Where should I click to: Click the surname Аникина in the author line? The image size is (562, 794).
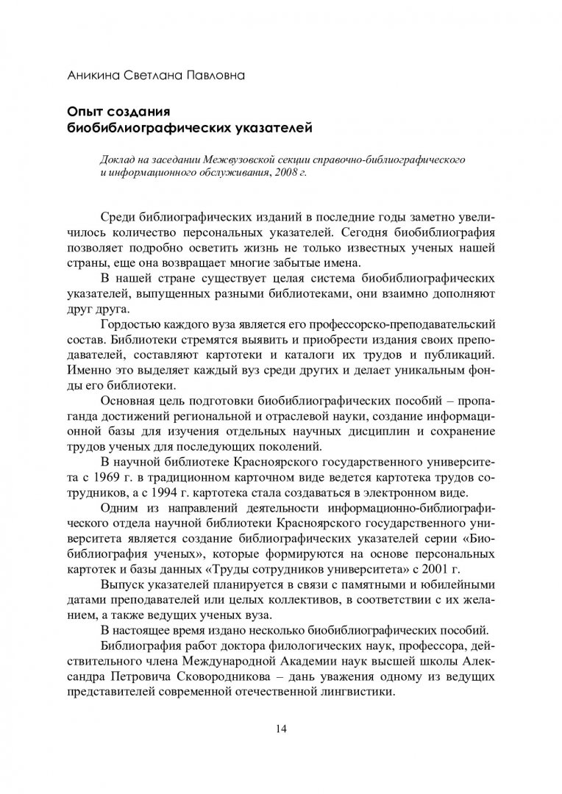point(88,74)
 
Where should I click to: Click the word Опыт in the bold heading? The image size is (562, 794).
point(85,112)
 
